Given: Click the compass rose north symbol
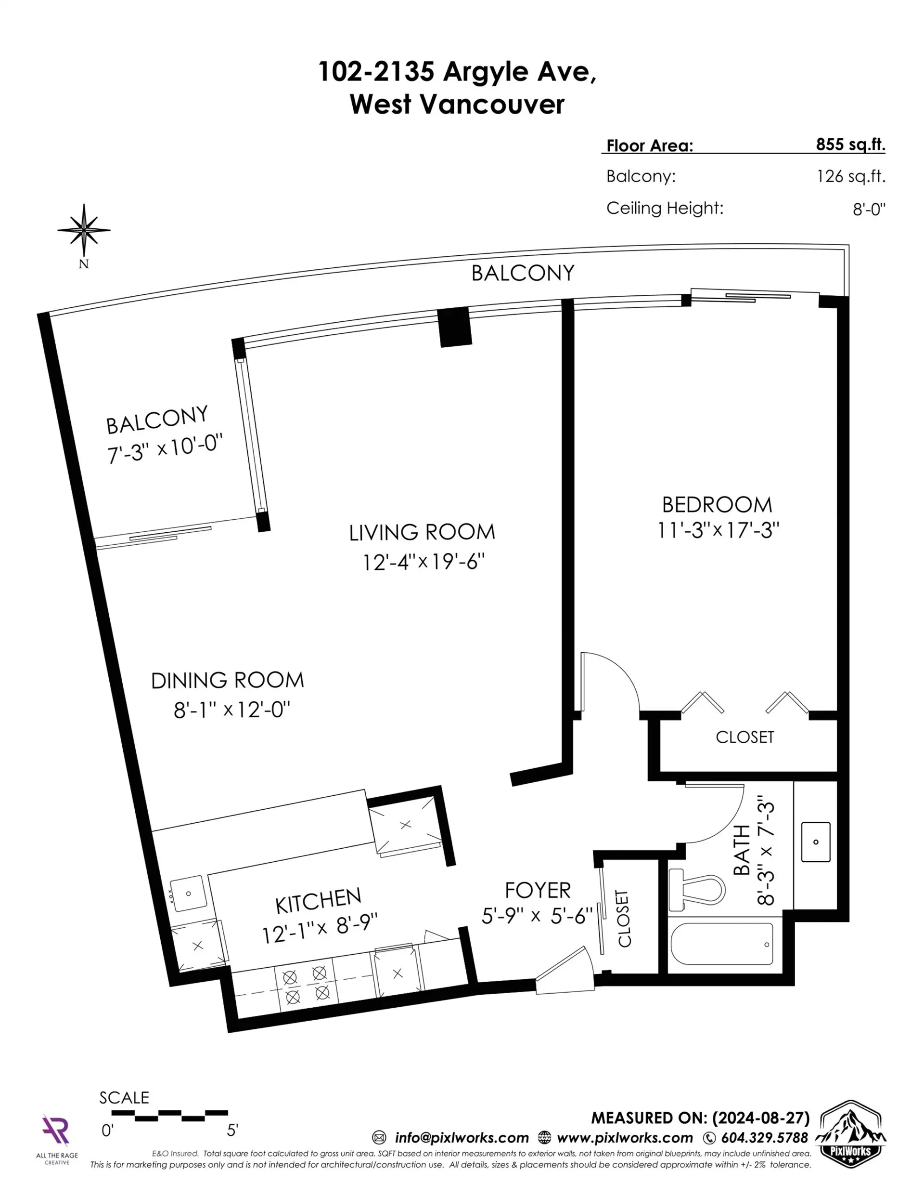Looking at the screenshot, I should [x=84, y=231].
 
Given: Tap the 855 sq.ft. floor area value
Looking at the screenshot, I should [x=850, y=144].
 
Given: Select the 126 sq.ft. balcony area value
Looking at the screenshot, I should [x=850, y=176].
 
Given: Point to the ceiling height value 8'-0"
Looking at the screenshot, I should [x=869, y=209].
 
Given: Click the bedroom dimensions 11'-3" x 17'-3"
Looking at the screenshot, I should [x=718, y=530].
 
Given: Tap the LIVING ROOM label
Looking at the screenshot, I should [x=422, y=532].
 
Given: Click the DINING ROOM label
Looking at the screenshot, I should [x=227, y=681].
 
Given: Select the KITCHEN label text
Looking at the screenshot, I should [x=318, y=901].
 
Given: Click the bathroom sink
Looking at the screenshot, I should [x=816, y=842].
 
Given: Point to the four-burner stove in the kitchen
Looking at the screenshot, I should [x=306, y=985].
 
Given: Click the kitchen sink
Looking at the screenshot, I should [x=188, y=894].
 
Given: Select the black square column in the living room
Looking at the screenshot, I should [x=455, y=327].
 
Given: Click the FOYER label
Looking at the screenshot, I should [x=537, y=891].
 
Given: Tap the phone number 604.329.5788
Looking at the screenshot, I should [x=764, y=1138].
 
